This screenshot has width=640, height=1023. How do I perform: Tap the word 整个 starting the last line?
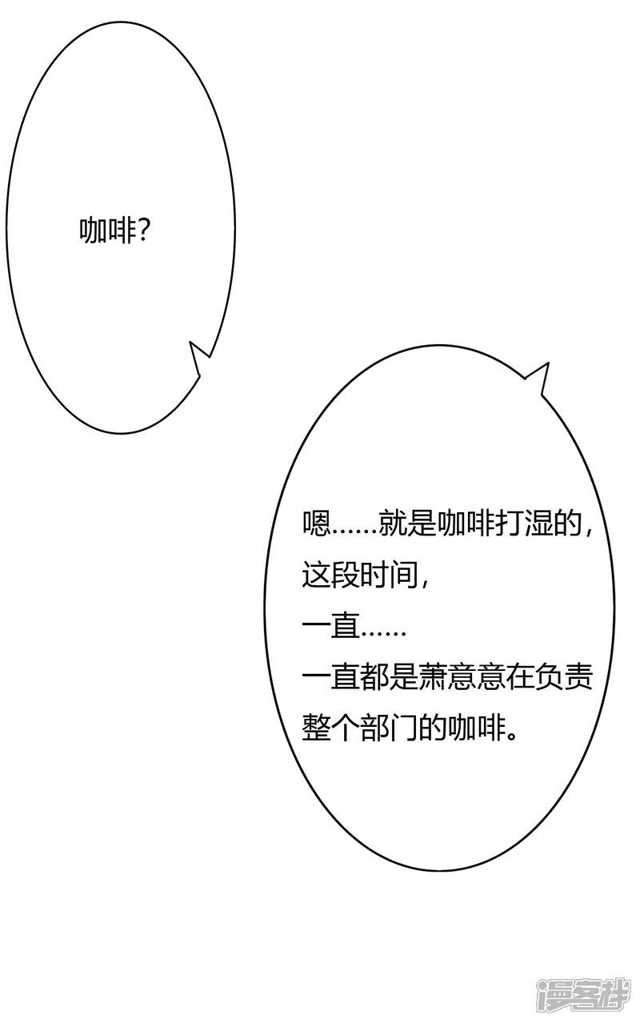click(x=330, y=728)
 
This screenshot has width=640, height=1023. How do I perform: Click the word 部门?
click(x=389, y=728)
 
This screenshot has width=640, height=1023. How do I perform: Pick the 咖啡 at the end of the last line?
click(x=476, y=728)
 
